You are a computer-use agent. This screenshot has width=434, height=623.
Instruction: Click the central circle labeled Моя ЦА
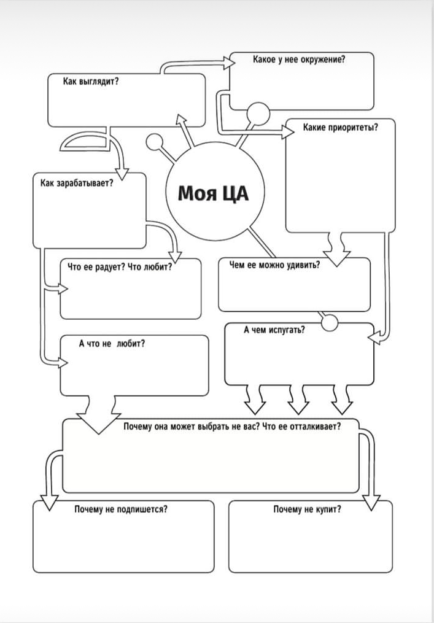click(x=213, y=195)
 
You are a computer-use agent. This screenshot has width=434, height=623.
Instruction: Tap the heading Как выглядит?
click(x=91, y=81)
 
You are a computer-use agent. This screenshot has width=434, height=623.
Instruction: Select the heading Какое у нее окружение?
click(x=298, y=60)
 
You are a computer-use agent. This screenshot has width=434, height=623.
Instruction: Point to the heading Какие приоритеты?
click(x=340, y=128)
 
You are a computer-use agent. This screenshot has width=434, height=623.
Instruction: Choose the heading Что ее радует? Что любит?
click(x=119, y=267)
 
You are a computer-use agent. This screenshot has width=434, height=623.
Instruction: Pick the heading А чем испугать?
click(x=274, y=330)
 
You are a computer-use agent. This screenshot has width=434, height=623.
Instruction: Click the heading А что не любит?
click(x=112, y=344)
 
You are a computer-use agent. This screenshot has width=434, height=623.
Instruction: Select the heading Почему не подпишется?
click(x=121, y=509)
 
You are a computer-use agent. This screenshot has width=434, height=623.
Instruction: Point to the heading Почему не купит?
click(x=307, y=509)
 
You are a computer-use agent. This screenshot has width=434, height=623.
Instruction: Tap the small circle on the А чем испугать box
click(x=330, y=322)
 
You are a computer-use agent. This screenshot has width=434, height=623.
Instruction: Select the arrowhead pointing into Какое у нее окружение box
click(x=230, y=61)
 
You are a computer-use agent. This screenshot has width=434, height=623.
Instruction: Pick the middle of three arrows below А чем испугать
click(x=298, y=405)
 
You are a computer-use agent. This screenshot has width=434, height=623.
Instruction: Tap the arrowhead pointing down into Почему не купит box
click(x=370, y=503)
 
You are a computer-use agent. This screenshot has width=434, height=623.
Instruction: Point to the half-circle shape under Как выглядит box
click(x=86, y=143)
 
